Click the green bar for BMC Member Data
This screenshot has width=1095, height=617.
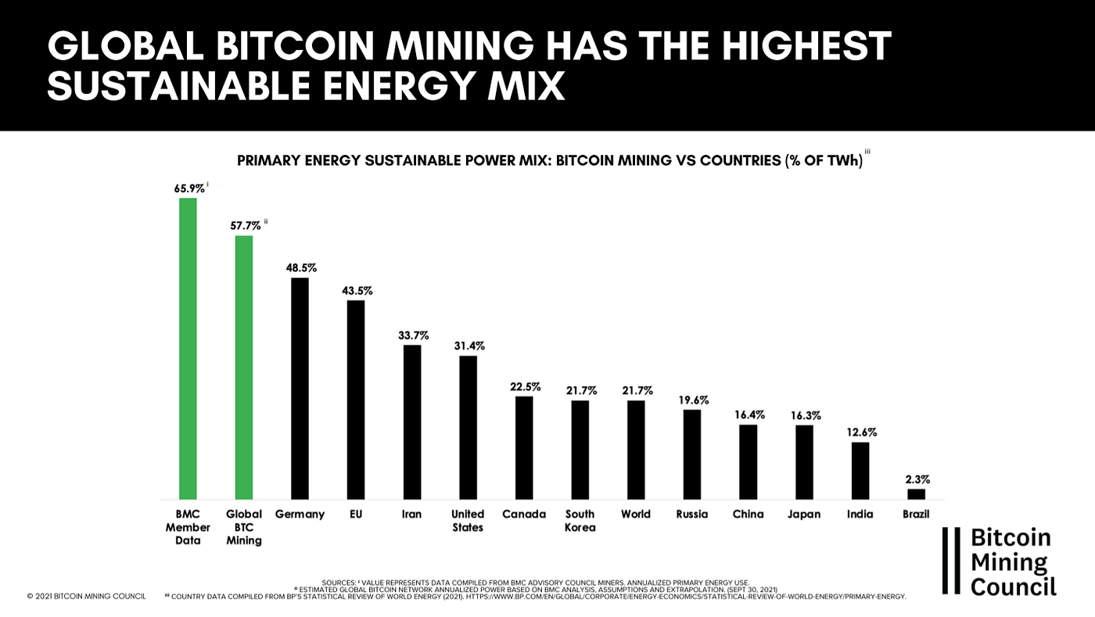pos(188,349)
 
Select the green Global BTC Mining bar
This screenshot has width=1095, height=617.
pos(244,368)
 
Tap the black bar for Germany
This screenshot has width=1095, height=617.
pos(300,389)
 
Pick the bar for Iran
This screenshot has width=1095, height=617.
pos(412,422)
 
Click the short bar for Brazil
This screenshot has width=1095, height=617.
pos(916,494)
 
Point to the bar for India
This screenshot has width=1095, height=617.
pos(860,471)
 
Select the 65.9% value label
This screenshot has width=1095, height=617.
pos(189,188)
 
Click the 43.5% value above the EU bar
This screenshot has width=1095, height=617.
pos(357,291)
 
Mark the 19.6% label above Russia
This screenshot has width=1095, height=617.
pos(693,400)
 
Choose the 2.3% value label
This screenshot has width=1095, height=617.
pos(917,479)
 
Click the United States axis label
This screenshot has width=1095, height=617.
pos(468,521)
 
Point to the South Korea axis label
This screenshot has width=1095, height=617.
pos(580,521)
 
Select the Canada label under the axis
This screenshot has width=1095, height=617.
pos(524,515)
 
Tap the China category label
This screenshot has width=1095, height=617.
pos(749,515)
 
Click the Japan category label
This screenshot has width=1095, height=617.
pos(805,515)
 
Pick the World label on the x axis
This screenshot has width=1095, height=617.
pos(636,515)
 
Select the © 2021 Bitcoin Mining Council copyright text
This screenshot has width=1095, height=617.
pos(86,597)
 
